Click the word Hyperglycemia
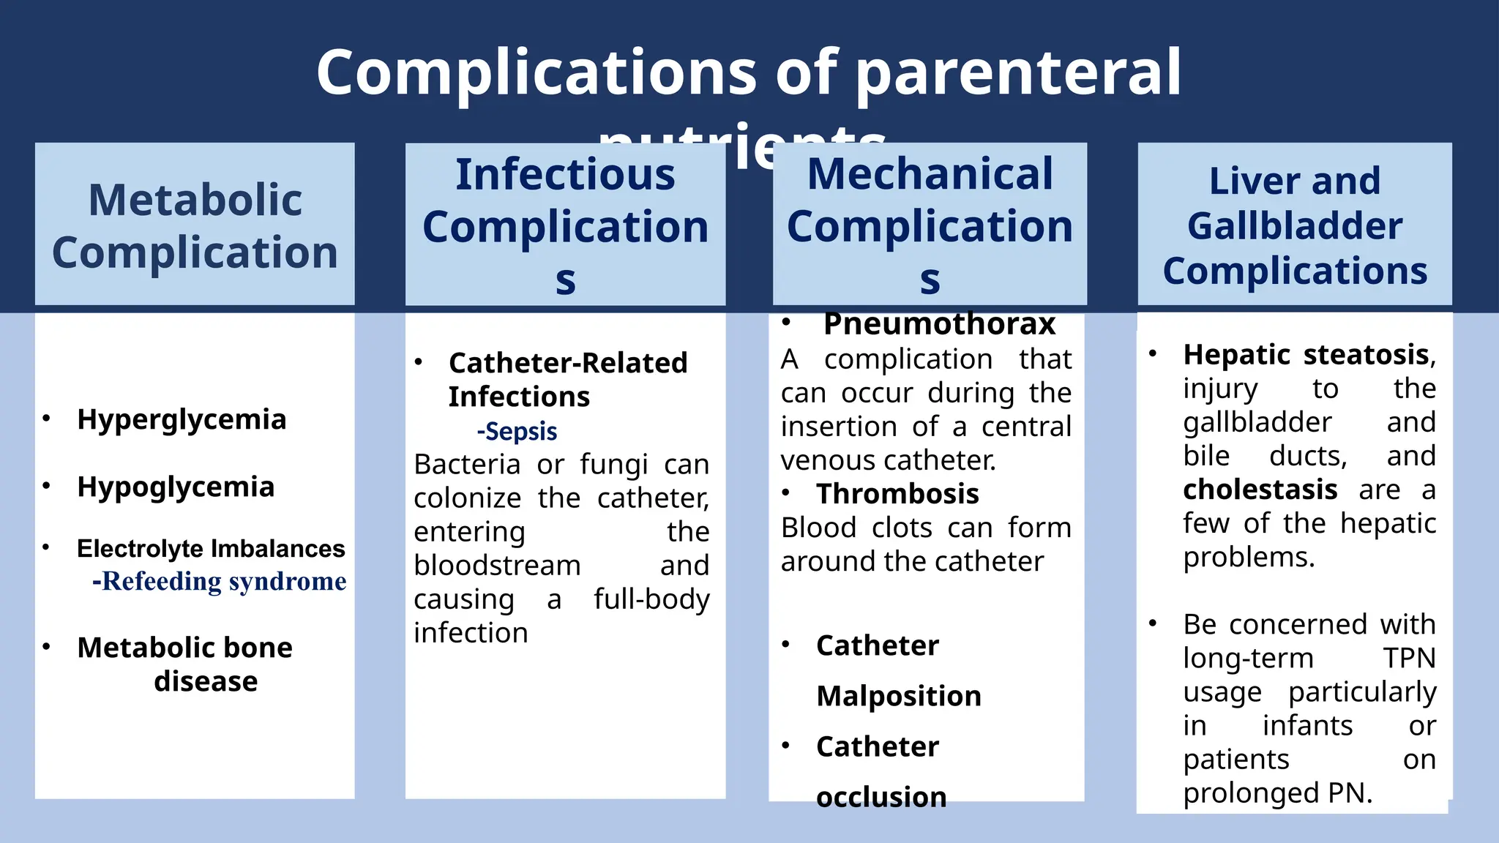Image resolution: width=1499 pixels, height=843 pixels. pos(182,420)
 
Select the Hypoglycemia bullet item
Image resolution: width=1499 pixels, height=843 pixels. pos(176,487)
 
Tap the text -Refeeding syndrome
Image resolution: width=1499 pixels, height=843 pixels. pos(220,582)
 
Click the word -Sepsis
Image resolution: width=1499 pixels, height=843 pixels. pos(517,432)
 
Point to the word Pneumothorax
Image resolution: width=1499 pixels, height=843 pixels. pos(939,324)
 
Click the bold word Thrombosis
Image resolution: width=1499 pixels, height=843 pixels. pos(897,495)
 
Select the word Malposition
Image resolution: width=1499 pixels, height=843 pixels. pos(899,696)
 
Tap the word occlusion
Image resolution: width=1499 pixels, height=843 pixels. pos(881,797)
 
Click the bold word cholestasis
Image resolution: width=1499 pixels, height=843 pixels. pos(1260,490)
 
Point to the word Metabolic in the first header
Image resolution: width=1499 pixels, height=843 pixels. pos(195,200)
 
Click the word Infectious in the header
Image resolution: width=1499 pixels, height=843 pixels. pos(565,175)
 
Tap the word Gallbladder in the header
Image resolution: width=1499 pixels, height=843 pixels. pos(1294,226)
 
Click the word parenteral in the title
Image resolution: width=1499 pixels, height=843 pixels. pos(1018,72)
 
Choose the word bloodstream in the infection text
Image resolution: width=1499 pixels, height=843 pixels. pos(497,566)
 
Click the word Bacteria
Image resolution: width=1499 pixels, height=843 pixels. pos(468,465)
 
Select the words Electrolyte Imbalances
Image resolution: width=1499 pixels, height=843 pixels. pos(211,549)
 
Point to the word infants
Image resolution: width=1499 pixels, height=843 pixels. pos(1307,726)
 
